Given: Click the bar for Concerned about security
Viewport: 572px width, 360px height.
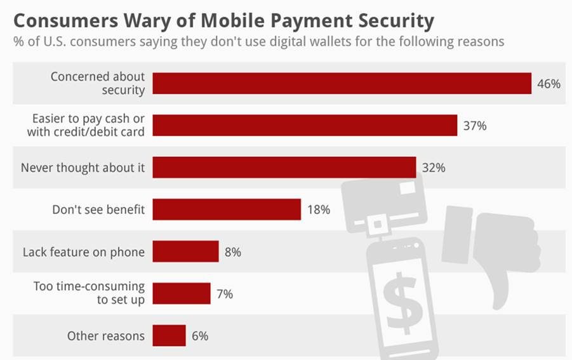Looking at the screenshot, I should tap(342, 83).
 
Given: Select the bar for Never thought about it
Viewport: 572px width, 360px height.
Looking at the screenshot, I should tap(284, 168).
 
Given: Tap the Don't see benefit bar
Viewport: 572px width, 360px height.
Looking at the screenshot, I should tap(227, 210).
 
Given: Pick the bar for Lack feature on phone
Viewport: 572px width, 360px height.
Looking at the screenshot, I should tap(185, 251).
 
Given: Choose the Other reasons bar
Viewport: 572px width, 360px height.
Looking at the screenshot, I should tap(169, 336).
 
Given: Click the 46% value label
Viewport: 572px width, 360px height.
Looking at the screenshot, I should tap(549, 84).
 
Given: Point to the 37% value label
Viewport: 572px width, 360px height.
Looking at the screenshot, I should tap(475, 126).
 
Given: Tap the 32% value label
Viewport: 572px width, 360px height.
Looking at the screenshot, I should tap(434, 168).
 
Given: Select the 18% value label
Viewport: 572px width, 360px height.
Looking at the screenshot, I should tap(318, 210).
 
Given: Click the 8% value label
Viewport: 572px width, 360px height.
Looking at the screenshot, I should tap(233, 252).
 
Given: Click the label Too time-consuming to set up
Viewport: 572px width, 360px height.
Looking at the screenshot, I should tap(89, 293).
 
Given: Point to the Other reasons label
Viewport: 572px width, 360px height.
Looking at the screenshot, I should tap(105, 336).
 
